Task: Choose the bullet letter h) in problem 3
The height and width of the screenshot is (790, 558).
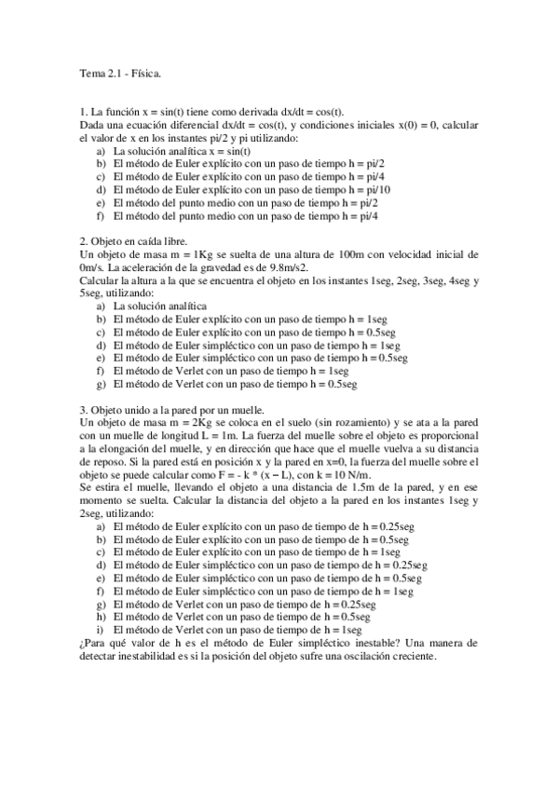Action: [x=102, y=616]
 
